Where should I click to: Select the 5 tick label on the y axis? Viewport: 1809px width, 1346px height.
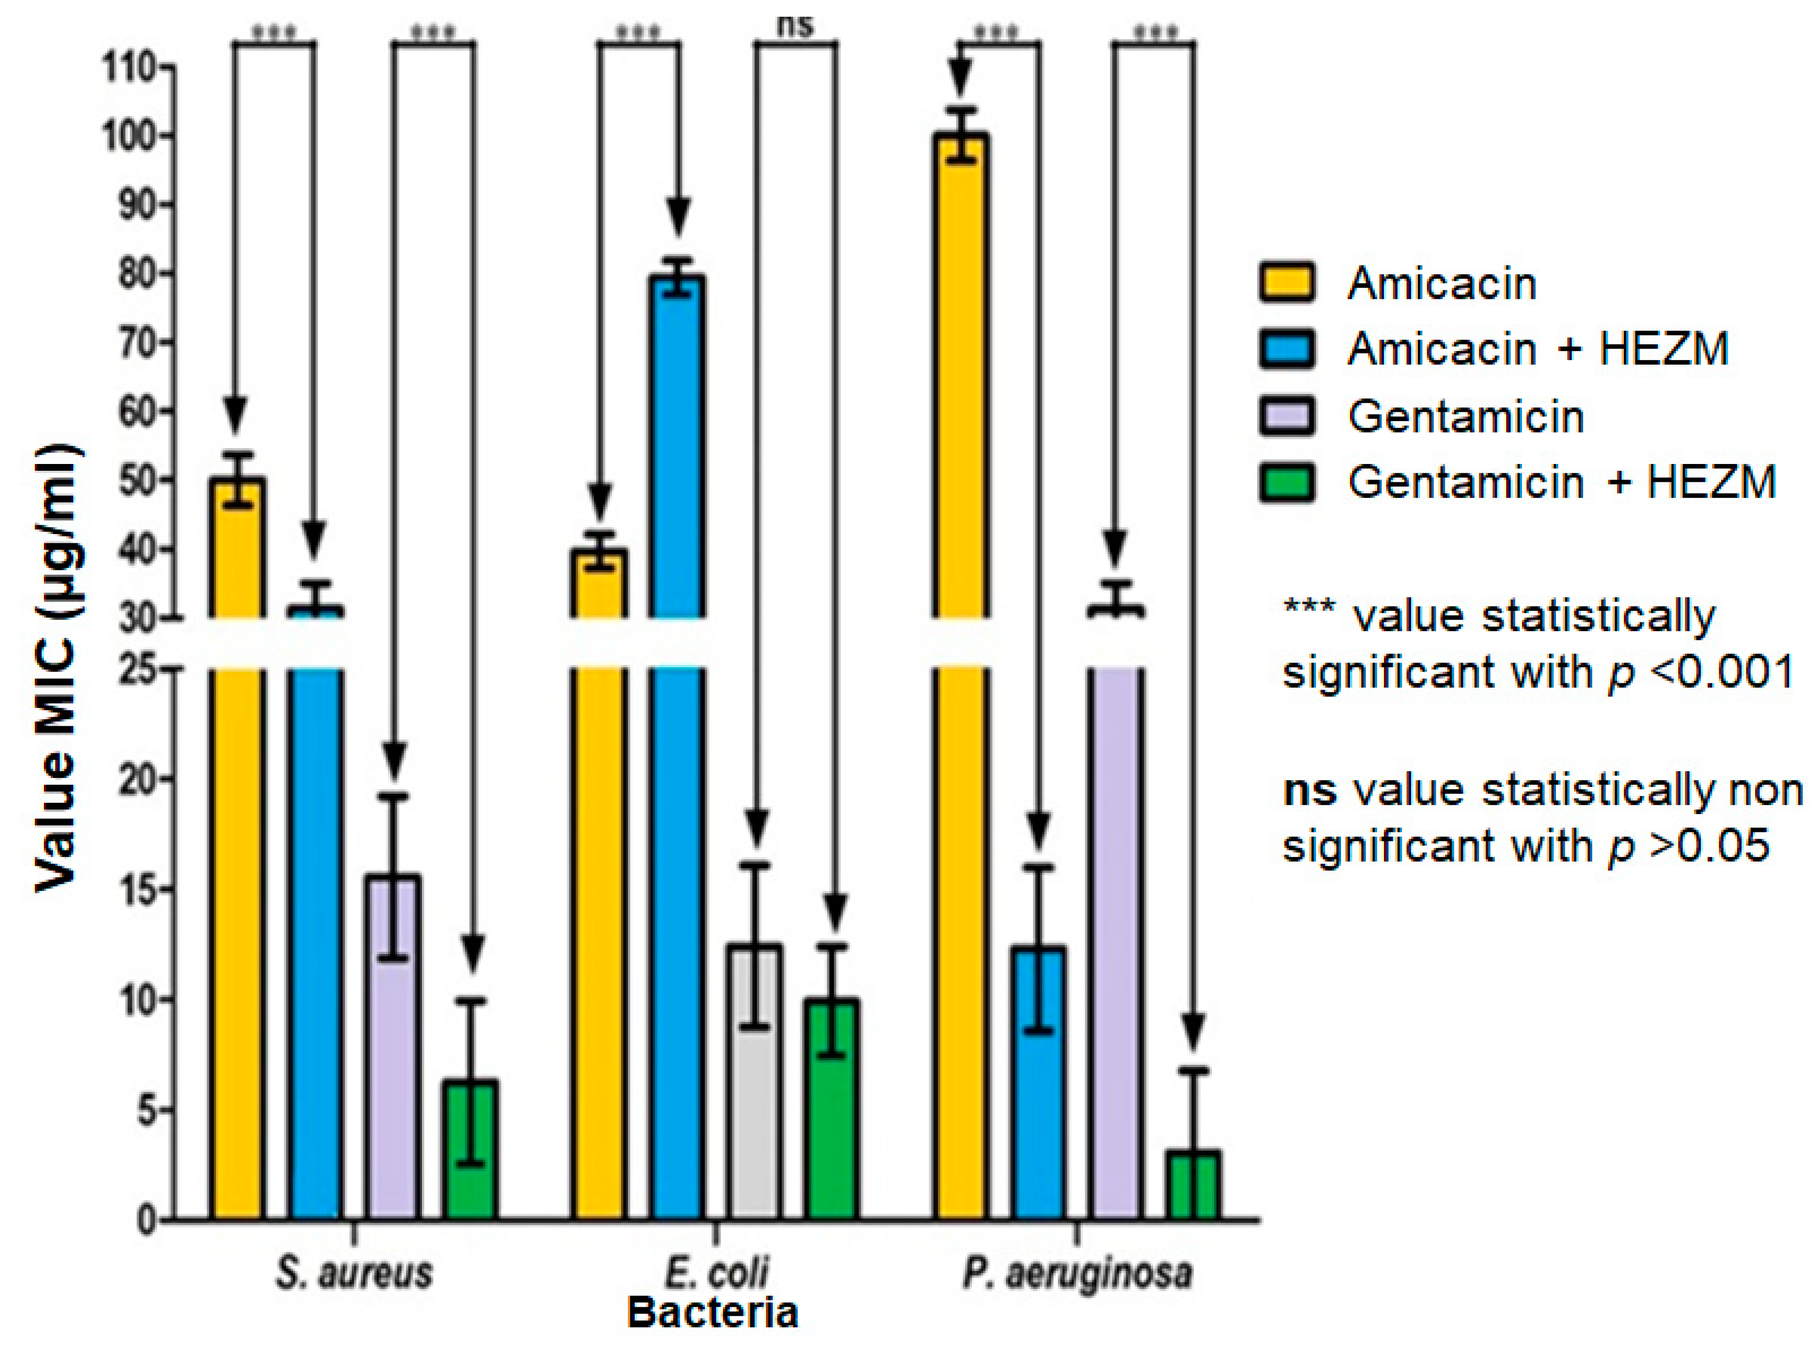[x=147, y=1110]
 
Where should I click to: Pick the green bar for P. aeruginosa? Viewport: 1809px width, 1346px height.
[x=1194, y=1186]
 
